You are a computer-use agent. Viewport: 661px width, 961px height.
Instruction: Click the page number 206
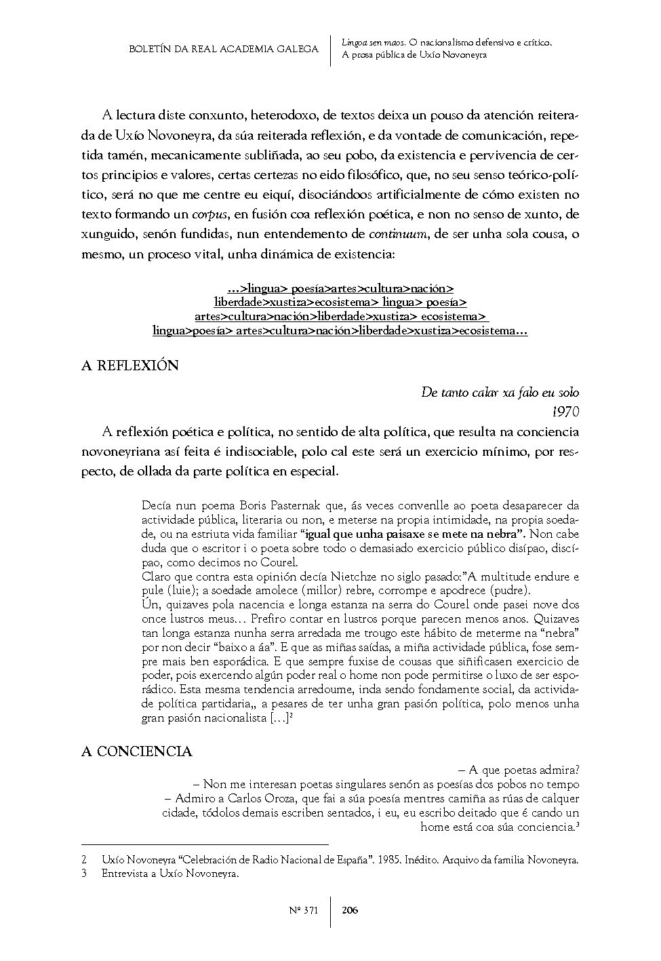350,910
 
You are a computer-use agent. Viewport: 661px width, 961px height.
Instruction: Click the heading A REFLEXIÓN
130,366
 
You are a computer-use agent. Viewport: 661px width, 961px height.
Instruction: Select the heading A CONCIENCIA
137,751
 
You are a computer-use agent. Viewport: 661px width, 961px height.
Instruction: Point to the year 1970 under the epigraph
565,410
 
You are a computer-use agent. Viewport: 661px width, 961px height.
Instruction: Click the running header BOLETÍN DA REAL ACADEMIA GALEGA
224,50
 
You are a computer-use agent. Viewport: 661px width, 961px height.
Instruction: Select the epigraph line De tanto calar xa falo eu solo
500,393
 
